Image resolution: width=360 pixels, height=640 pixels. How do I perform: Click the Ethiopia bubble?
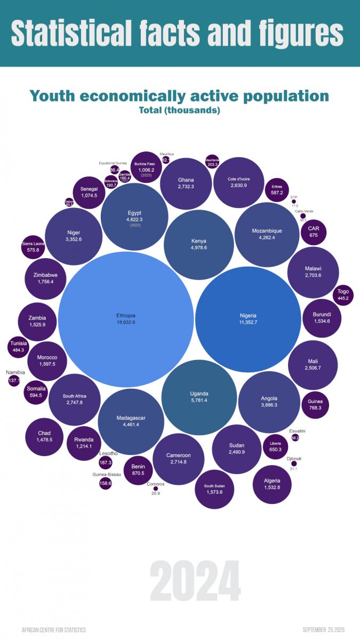(126, 319)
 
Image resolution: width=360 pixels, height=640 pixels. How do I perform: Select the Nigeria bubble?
(249, 319)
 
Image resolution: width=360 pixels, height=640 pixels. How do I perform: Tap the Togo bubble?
(343, 294)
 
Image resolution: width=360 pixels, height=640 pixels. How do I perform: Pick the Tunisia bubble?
(18, 347)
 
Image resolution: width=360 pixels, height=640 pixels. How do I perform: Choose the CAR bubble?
(314, 231)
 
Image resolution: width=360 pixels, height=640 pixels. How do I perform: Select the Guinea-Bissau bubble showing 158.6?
(106, 483)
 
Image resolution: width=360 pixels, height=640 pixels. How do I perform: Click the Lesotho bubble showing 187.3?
(106, 462)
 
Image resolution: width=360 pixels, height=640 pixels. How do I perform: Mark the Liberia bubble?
(276, 446)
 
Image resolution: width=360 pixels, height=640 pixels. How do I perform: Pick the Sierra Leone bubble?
(37, 246)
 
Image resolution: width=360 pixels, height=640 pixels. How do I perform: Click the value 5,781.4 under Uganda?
(199, 401)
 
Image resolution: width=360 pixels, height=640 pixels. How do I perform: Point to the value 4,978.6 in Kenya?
(199, 247)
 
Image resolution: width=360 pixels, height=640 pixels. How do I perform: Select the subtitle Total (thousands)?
(179, 111)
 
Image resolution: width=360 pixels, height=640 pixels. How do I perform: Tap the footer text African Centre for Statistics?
(53, 630)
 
